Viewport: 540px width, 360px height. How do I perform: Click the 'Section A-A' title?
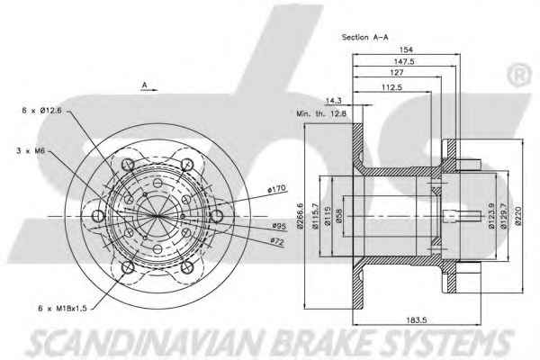coord(364,37)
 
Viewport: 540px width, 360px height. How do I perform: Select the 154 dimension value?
coord(406,49)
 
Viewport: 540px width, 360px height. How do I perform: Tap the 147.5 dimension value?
coord(404,62)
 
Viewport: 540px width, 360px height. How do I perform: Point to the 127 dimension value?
coord(397,73)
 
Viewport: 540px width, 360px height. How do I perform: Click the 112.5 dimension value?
coord(391,87)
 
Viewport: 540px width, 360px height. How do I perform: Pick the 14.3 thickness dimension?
coord(333,101)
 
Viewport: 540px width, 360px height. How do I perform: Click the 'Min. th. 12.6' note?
coord(321,113)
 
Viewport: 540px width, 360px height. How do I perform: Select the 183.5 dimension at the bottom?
coord(417,320)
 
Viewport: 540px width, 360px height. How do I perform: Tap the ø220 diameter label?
coord(518,216)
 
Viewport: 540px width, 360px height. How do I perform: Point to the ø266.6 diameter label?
coord(300,216)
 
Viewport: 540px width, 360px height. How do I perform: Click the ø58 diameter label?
coord(338,216)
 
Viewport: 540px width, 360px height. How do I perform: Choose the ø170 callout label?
coord(277,189)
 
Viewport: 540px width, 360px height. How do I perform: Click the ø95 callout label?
coord(279,226)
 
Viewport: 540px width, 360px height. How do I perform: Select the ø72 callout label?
coord(276,242)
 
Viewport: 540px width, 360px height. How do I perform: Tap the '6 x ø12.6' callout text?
coord(41,111)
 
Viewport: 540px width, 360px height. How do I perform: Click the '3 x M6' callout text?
coord(31,150)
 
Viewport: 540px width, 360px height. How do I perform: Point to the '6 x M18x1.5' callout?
coord(62,309)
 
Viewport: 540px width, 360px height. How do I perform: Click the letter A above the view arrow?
coord(145,85)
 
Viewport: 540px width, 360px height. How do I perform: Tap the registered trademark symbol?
coord(519,75)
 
